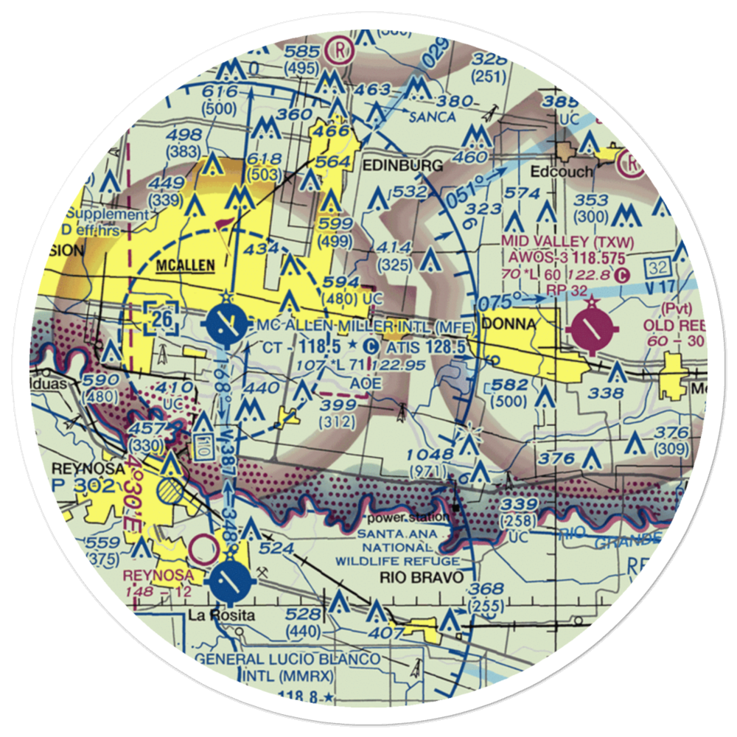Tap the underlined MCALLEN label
click(185, 265)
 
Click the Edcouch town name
click(562, 172)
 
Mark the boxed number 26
click(162, 318)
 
